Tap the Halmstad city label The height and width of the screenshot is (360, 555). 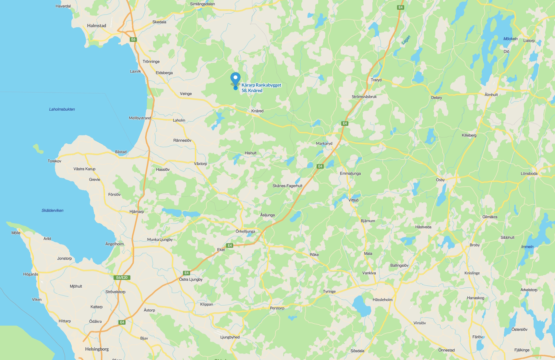[x=96, y=26]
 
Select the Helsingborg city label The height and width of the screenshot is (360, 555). [x=97, y=349]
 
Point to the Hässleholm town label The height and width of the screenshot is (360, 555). [x=382, y=300]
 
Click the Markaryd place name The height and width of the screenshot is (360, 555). [x=324, y=143]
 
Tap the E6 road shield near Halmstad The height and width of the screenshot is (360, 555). [x=133, y=40]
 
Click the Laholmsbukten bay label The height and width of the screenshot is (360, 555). [x=62, y=109]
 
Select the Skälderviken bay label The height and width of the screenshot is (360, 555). [x=53, y=210]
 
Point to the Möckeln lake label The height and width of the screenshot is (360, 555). [x=510, y=39]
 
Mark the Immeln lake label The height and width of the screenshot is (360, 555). [x=527, y=247]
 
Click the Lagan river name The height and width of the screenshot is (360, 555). [x=406, y=40]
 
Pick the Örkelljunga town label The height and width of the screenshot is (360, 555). [x=245, y=231]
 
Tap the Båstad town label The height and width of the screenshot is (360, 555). [x=121, y=152]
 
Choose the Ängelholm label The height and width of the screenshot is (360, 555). [x=115, y=244]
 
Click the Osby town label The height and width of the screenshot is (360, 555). [x=440, y=180]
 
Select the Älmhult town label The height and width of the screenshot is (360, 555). [x=491, y=95]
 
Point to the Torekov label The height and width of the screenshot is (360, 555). [x=54, y=161]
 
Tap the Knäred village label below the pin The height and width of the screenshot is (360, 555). [x=257, y=111]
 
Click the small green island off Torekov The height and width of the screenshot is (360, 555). [x=38, y=149]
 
